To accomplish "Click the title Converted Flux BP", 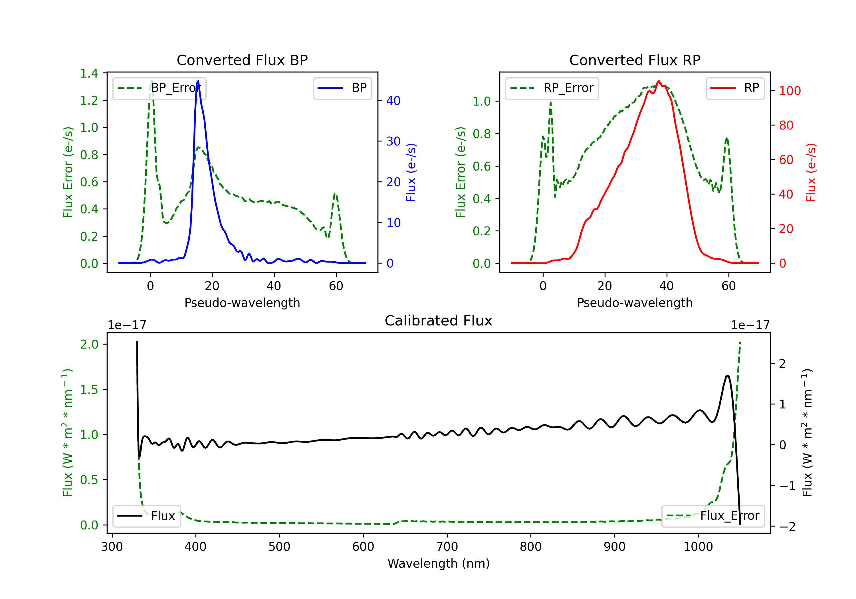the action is (x=242, y=60).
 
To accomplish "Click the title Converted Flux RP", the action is (x=635, y=60).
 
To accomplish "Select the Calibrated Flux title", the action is (x=439, y=321).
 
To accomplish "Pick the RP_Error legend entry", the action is (x=552, y=88).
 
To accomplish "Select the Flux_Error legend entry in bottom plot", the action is (x=712, y=516).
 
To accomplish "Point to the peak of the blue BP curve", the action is (x=198, y=81).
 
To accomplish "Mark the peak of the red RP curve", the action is (x=659, y=81).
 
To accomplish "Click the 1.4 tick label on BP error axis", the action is (x=89, y=73).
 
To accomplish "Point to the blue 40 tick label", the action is (x=393, y=101).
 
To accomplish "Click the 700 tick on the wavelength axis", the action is (x=447, y=547).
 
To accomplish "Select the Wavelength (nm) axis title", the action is (x=439, y=563).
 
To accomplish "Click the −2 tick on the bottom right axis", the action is (x=787, y=526).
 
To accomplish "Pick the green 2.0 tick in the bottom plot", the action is (x=89, y=344).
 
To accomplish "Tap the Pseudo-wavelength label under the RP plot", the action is (x=635, y=303).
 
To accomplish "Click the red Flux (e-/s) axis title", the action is (x=811, y=172).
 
